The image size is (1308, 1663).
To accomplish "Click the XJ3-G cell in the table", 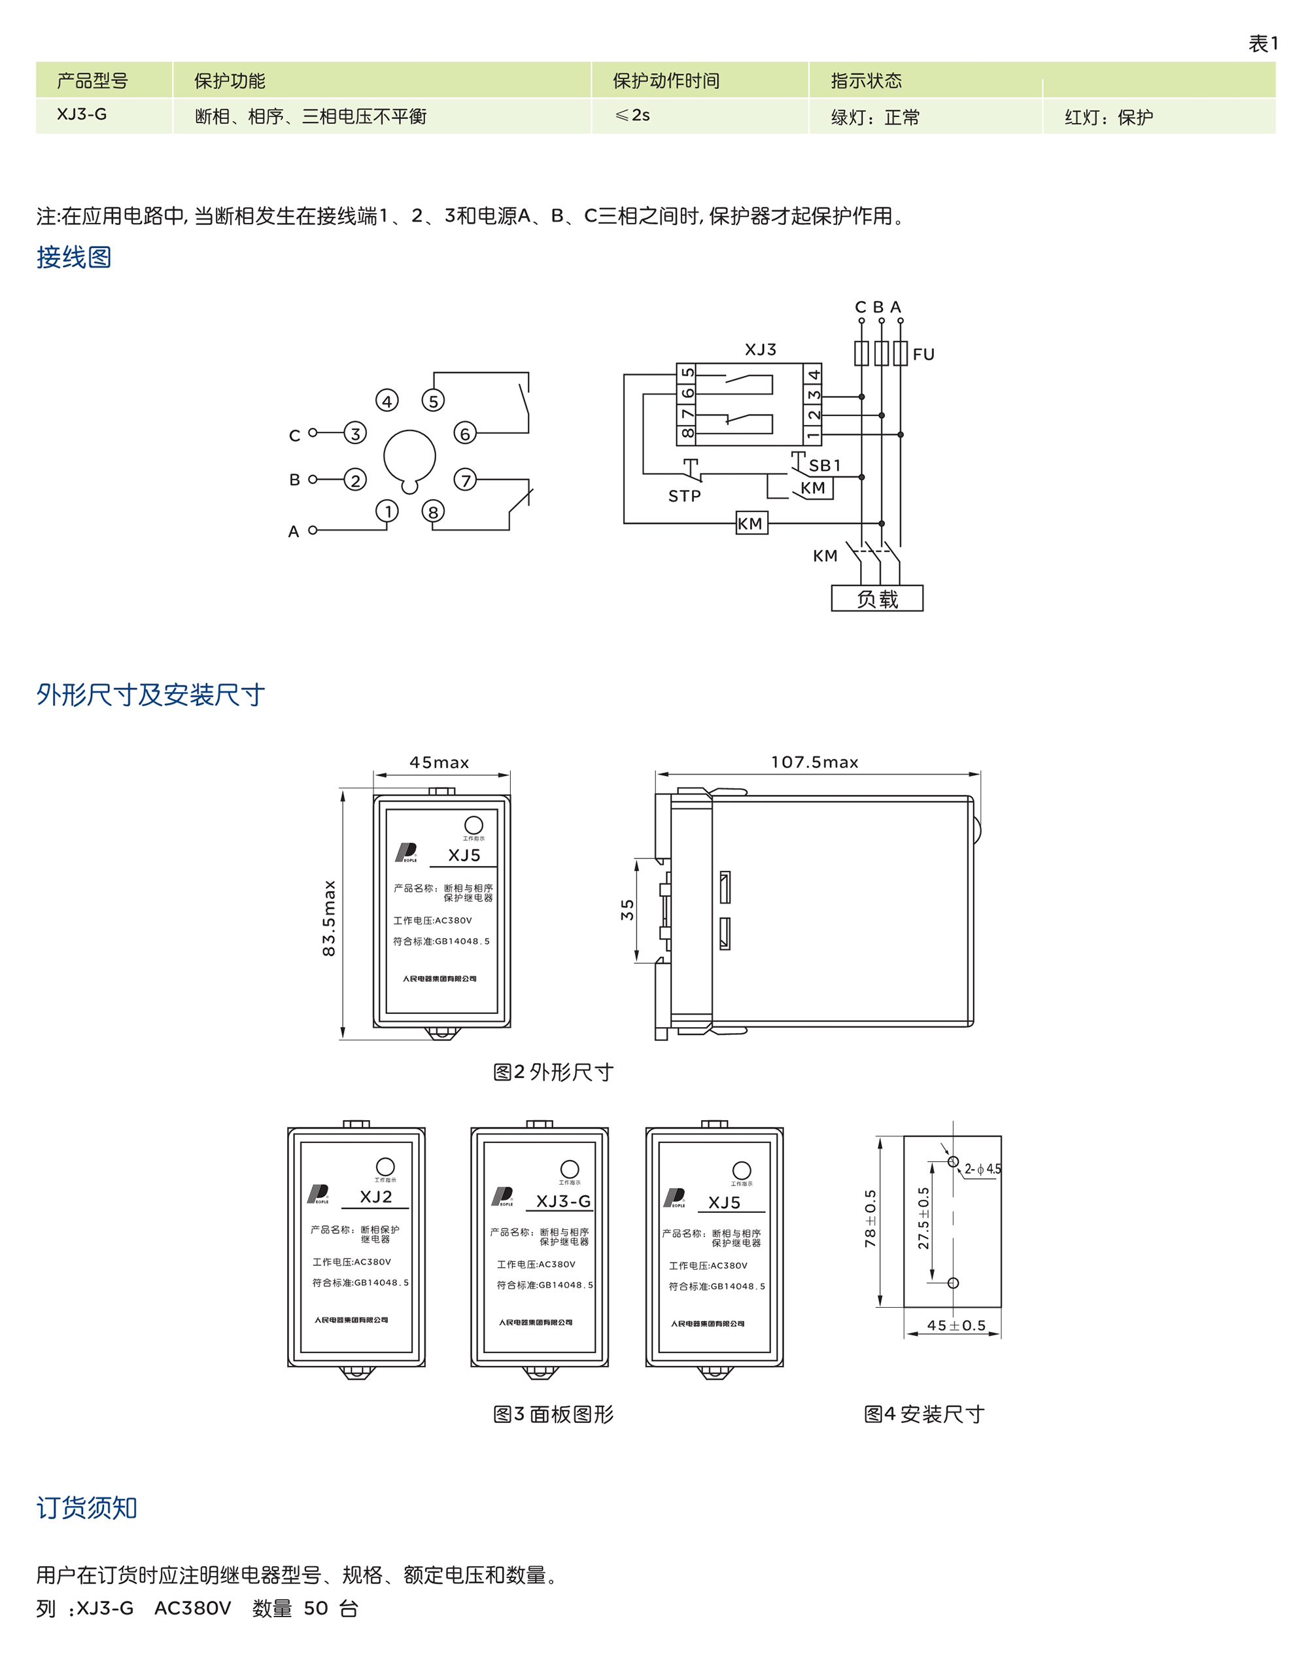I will click(82, 115).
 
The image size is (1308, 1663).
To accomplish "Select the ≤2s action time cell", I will click(632, 116).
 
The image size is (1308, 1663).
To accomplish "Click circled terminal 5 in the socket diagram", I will click(434, 400).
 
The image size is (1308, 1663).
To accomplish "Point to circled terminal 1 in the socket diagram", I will click(388, 511).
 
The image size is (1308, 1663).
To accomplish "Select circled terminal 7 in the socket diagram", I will click(465, 480).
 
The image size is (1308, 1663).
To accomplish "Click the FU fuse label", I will click(923, 355).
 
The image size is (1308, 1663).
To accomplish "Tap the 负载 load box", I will click(877, 598).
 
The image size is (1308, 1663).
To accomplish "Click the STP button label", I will click(684, 497).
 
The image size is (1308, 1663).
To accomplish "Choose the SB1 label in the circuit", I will click(824, 466).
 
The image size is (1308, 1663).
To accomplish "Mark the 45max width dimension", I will click(439, 762).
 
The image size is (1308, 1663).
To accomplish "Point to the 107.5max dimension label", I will click(814, 762).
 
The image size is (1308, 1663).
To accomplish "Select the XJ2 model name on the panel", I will click(376, 1197).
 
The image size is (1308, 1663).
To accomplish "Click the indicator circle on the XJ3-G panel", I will click(570, 1169).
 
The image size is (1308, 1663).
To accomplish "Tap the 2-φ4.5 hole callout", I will click(982, 1169).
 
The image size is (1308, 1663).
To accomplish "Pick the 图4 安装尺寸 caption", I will click(923, 1414).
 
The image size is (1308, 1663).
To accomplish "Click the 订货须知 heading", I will click(86, 1507).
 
